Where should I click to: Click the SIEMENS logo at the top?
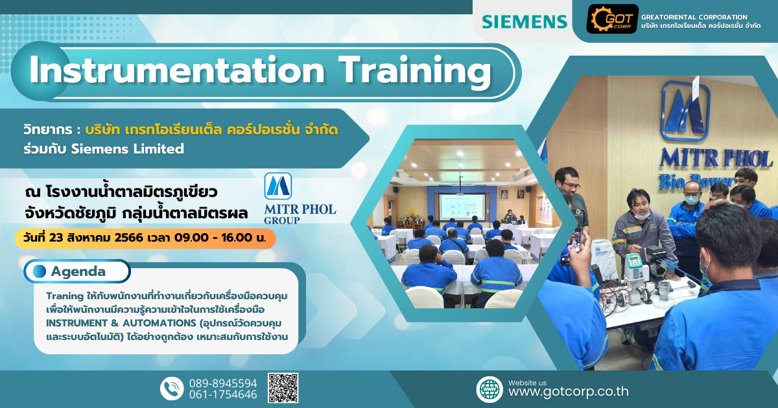pyautogui.click(x=524, y=21)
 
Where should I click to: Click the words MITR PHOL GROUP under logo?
pyautogui.click(x=300, y=214)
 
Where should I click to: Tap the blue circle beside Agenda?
pyautogui.click(x=40, y=271)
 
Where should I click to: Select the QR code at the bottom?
pyautogui.click(x=283, y=388)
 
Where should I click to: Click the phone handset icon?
pyautogui.click(x=172, y=389)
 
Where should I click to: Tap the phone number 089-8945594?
pyautogui.click(x=223, y=383)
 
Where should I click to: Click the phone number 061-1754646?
pyautogui.click(x=223, y=394)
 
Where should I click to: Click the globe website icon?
pyautogui.click(x=489, y=389)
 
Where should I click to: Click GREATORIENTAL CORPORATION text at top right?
pyautogui.click(x=694, y=17)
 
